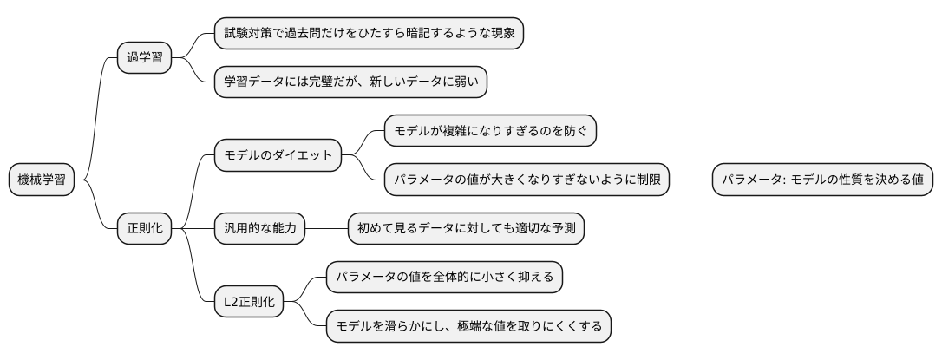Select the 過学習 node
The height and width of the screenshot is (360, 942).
tap(144, 58)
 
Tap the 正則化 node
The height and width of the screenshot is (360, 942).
tap(144, 229)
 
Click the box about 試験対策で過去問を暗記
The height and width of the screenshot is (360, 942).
tap(369, 34)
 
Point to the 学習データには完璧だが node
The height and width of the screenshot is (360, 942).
tap(350, 82)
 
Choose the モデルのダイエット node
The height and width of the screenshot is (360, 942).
tap(278, 156)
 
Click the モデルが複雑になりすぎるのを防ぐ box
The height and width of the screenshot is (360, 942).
tap(491, 131)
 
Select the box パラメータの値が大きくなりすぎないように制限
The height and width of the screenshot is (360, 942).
tap(527, 180)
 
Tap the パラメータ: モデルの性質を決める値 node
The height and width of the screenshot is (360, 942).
tap(822, 180)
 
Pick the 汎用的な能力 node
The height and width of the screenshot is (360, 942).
tap(260, 229)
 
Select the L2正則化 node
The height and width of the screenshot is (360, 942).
tap(249, 303)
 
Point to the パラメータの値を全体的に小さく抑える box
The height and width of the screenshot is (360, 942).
tap(444, 278)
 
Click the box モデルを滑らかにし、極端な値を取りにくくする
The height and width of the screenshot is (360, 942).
tap(468, 327)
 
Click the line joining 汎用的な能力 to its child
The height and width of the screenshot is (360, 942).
tap(326, 229)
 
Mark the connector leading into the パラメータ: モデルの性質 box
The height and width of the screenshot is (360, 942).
tap(690, 180)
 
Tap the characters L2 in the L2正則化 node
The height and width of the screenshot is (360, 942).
tap(232, 303)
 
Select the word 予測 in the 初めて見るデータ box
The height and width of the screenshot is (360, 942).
tap(564, 229)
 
